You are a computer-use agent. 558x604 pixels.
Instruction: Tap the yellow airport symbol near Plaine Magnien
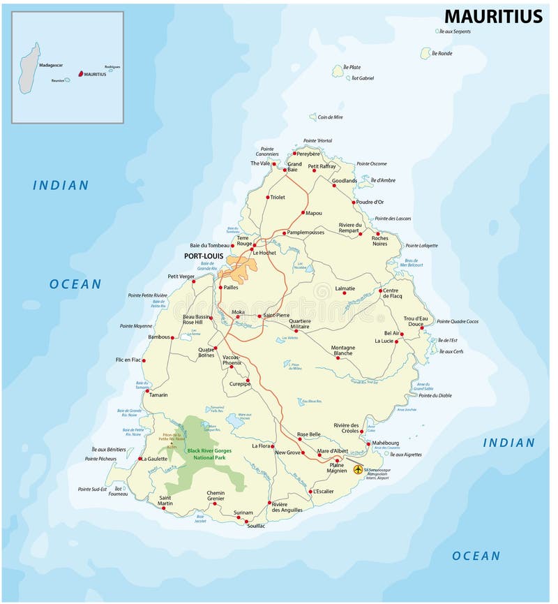pos(359,469)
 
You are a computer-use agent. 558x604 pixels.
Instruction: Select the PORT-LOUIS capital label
pos(203,256)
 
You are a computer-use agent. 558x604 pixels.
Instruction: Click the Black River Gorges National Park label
pos(209,455)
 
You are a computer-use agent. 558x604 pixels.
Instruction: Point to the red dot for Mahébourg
pos(368,443)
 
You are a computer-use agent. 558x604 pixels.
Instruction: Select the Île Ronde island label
pos(442,53)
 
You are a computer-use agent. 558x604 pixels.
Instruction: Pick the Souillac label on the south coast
pos(256,525)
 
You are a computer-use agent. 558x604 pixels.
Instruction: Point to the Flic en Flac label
pos(128,360)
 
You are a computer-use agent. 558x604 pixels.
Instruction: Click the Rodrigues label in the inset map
pos(112,67)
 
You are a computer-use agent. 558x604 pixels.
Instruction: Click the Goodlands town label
pos(345,181)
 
